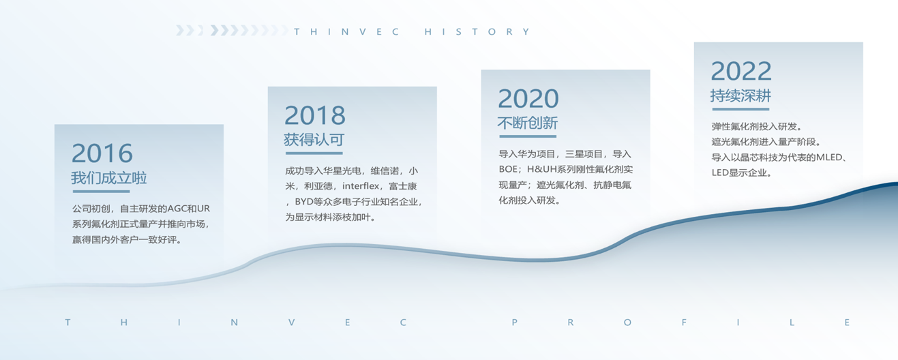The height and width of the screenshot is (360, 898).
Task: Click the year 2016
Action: pos(102,153)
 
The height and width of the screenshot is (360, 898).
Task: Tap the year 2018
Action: pos(315,115)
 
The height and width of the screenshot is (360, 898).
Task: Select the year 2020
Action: pos(528,99)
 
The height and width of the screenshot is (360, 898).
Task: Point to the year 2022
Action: pos(741,71)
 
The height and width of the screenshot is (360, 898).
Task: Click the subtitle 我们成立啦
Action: pos(109,177)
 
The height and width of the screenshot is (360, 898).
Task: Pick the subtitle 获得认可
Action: pos(314,140)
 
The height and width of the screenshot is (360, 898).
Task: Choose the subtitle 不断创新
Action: pos(528,123)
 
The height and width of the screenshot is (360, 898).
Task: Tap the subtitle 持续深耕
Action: pos(740,95)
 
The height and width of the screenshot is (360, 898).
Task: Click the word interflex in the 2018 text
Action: pos(361,186)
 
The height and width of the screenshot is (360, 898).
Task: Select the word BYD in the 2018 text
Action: pos(304,202)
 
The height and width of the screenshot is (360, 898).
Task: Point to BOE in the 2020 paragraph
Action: pos(508,169)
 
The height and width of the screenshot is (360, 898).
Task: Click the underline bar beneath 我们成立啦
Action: pos(102,192)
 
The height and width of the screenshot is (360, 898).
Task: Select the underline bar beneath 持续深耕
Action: pos(740,109)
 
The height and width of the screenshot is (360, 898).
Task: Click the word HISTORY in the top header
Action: pos(477,31)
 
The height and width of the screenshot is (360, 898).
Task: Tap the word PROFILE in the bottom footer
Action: pos(680,322)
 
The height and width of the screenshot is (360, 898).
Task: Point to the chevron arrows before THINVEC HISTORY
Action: pos(232,31)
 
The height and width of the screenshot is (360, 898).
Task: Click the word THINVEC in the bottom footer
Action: pos(236,322)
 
